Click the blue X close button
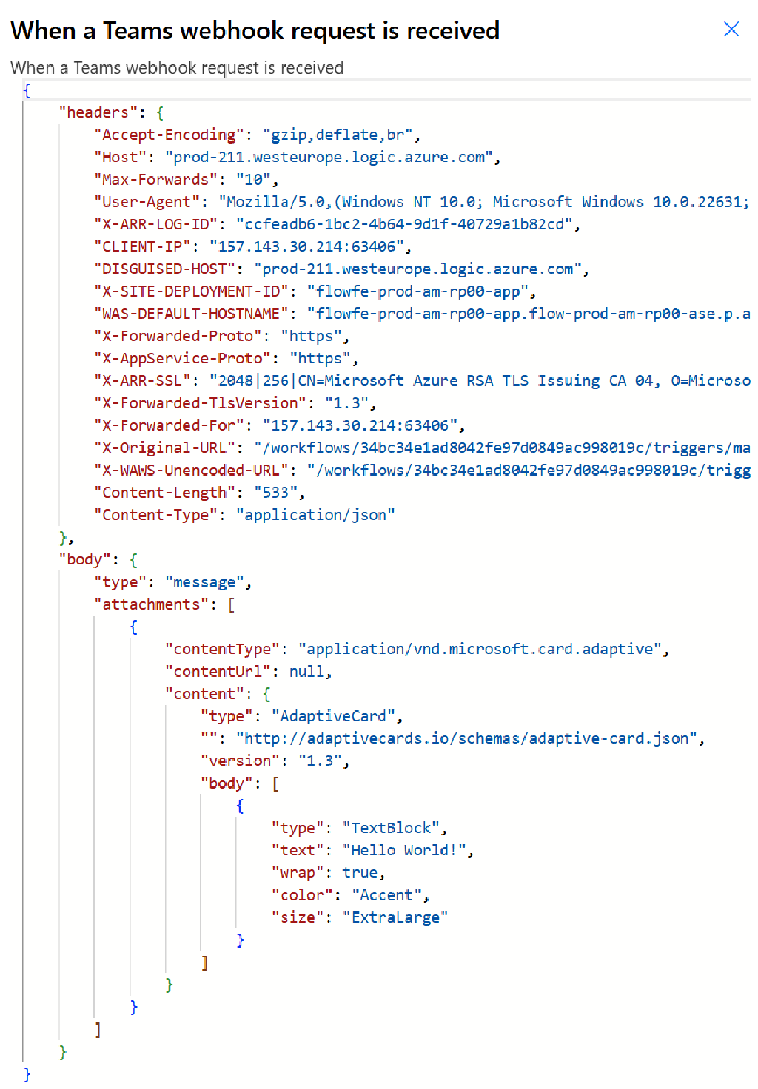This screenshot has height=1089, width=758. [x=731, y=29]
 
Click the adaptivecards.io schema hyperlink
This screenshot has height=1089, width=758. [x=466, y=739]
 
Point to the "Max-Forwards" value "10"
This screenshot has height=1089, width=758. [x=253, y=180]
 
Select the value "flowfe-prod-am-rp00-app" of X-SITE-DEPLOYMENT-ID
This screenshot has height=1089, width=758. [x=417, y=291]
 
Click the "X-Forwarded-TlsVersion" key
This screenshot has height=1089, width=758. [x=200, y=403]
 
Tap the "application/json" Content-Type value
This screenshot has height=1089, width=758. [x=315, y=515]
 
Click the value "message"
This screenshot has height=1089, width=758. [x=204, y=582]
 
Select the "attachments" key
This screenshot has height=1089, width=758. [x=151, y=604]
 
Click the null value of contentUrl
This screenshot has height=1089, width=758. [x=306, y=672]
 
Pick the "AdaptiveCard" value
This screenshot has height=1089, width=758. [x=333, y=716]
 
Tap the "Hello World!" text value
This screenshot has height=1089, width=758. [x=404, y=850]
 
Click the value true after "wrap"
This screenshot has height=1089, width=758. [x=360, y=873]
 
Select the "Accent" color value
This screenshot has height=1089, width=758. [x=386, y=895]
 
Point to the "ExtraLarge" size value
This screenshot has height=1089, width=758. [x=395, y=917]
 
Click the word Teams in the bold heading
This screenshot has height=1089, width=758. [x=138, y=30]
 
